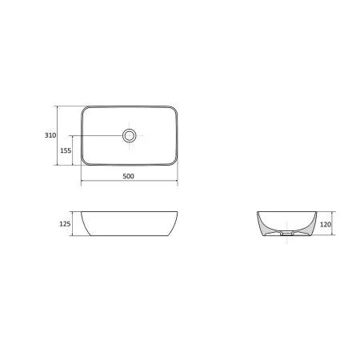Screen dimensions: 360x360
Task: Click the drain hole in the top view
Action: pyautogui.click(x=130, y=136)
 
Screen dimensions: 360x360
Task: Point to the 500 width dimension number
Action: pyautogui.click(x=129, y=176)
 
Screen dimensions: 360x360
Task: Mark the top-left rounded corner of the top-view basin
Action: pyautogui.click(x=85, y=110)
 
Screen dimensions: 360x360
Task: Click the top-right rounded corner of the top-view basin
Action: pyautogui.click(x=174, y=110)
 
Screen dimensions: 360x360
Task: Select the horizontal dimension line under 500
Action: pyautogui.click(x=129, y=182)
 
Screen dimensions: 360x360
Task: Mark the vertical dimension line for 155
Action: pyautogui.click(x=77, y=150)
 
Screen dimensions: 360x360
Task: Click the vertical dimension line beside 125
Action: pyautogui.click(x=73, y=225)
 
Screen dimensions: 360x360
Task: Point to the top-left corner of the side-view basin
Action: pyautogui.click(x=82, y=213)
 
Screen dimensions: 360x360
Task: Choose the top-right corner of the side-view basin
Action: pyautogui.click(x=177, y=213)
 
